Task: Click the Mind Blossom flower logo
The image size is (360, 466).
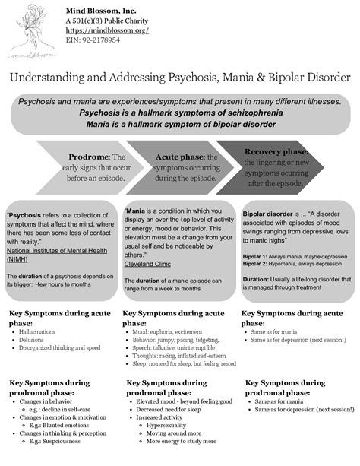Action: [x=32, y=30]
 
